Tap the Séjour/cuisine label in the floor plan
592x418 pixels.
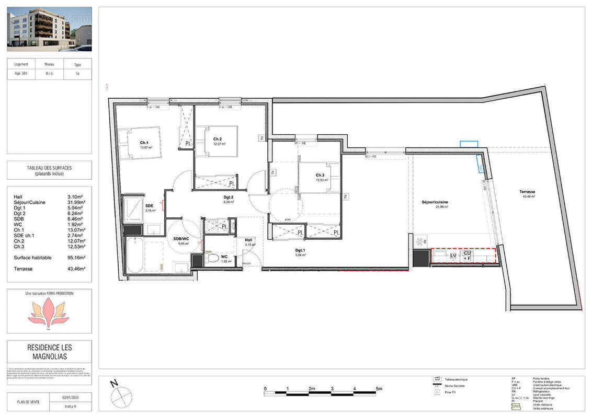pyautogui.click(x=435, y=202)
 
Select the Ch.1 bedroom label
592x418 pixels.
pyautogui.click(x=144, y=142)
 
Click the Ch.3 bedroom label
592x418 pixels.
pyautogui.click(x=321, y=175)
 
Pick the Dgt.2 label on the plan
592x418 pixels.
pyautogui.click(x=228, y=197)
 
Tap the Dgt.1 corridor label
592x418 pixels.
pyautogui.click(x=301, y=250)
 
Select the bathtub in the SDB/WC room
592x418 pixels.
pyautogui.click(x=134, y=257)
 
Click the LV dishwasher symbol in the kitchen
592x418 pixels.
pyautogui.click(x=453, y=256)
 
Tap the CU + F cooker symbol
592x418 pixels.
pyautogui.click(x=467, y=256)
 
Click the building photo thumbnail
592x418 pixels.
pyautogui.click(x=49, y=29)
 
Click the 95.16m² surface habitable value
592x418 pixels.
pyautogui.click(x=76, y=258)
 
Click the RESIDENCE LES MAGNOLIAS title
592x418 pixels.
pyautogui.click(x=49, y=351)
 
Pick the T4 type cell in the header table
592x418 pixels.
pyautogui.click(x=77, y=74)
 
